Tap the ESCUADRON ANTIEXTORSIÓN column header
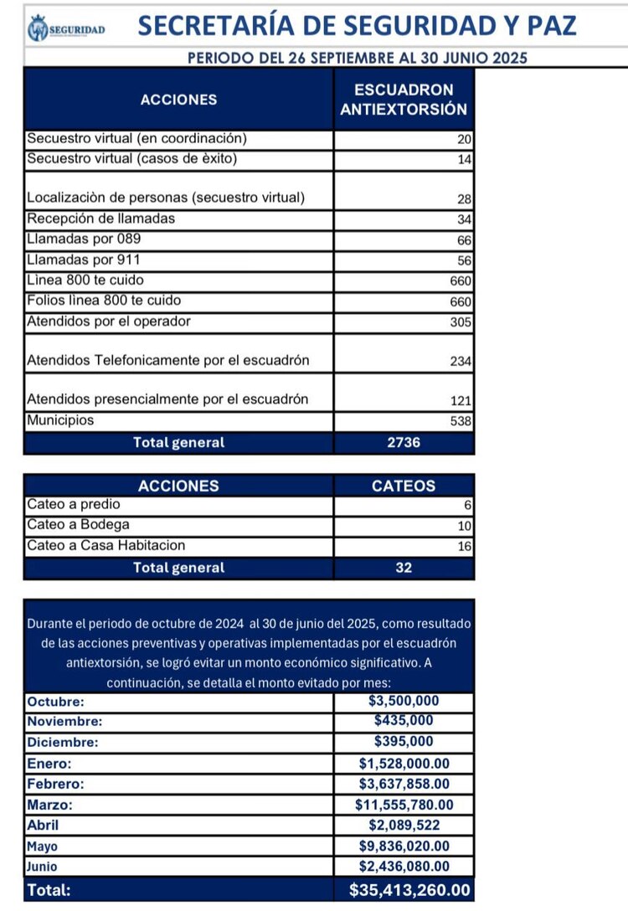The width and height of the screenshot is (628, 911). coord(404,99)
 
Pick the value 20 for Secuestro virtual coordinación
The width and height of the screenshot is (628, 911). coord(465,140)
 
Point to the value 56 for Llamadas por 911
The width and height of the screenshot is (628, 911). coord(465,260)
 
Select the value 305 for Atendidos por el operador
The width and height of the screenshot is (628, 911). coord(461,322)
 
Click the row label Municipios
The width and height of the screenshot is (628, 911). coord(60,420)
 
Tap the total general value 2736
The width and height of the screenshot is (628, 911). coord(404,443)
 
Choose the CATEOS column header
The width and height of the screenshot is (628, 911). coord(404,486)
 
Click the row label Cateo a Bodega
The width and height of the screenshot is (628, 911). coord(78,525)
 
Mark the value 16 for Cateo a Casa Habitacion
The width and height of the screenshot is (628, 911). coord(465,547)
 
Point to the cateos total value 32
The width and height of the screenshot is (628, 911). coord(404,568)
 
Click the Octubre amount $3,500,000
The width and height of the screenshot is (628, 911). coord(404,702)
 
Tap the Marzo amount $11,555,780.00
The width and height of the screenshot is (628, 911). coord(404,805)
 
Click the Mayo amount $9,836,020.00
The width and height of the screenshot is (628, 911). coord(404,847)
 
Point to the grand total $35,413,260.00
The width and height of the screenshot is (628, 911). coord(409,890)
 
